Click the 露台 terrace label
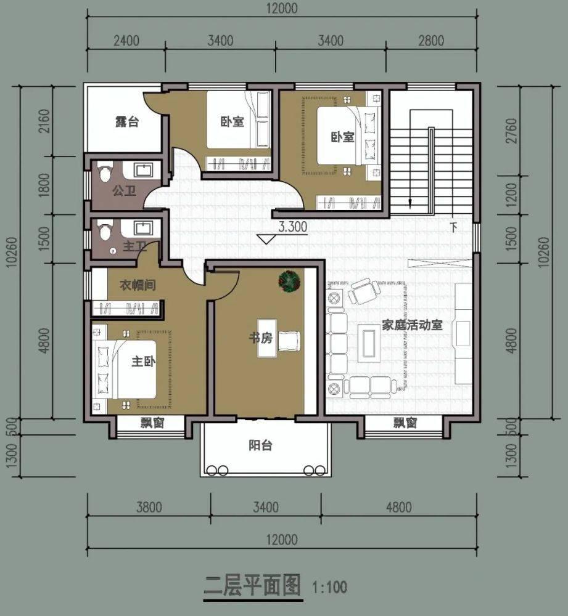click(x=126, y=121)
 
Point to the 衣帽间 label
click(x=136, y=285)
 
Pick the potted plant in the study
click(x=289, y=281)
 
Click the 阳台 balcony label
click(x=260, y=445)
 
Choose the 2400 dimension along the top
click(x=126, y=41)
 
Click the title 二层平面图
click(x=252, y=584)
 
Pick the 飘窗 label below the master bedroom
click(x=150, y=423)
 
